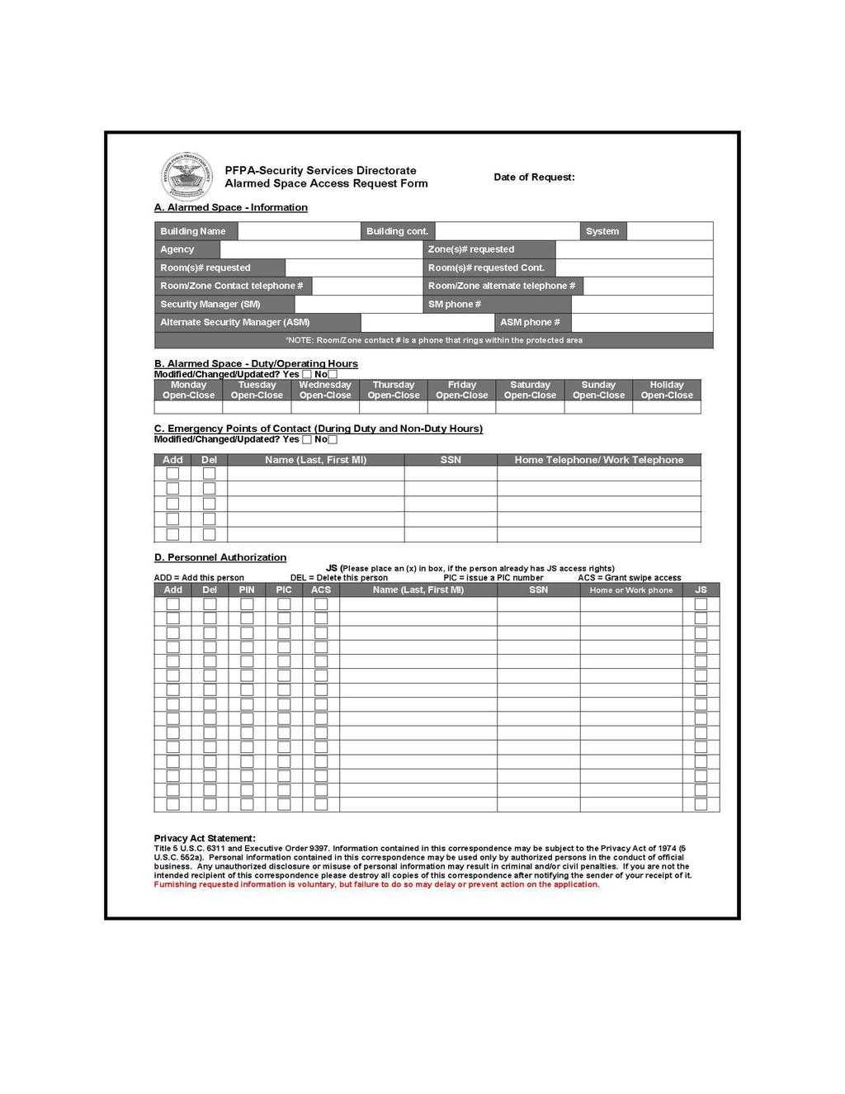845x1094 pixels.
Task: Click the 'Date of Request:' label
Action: point(534,177)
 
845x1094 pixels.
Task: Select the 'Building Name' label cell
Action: point(196,231)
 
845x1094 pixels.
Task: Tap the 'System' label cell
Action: point(602,231)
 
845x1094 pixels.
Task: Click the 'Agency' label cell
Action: point(186,249)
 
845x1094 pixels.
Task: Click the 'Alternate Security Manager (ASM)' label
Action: point(257,322)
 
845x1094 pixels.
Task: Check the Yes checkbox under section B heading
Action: point(307,374)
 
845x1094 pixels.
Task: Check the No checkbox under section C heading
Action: point(333,439)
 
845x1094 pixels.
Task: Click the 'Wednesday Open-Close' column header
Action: point(325,390)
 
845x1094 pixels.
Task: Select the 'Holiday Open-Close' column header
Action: point(667,390)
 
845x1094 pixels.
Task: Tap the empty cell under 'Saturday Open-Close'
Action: point(530,407)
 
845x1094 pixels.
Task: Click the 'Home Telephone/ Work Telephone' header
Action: point(598,460)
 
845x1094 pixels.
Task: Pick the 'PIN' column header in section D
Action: point(247,590)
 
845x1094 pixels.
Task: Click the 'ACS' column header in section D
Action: point(321,590)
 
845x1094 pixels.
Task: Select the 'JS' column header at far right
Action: point(701,590)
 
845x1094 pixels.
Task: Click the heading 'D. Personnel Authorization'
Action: point(220,557)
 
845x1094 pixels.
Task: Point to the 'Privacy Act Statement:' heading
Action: point(205,838)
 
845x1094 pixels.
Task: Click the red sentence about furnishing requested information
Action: point(377,884)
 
